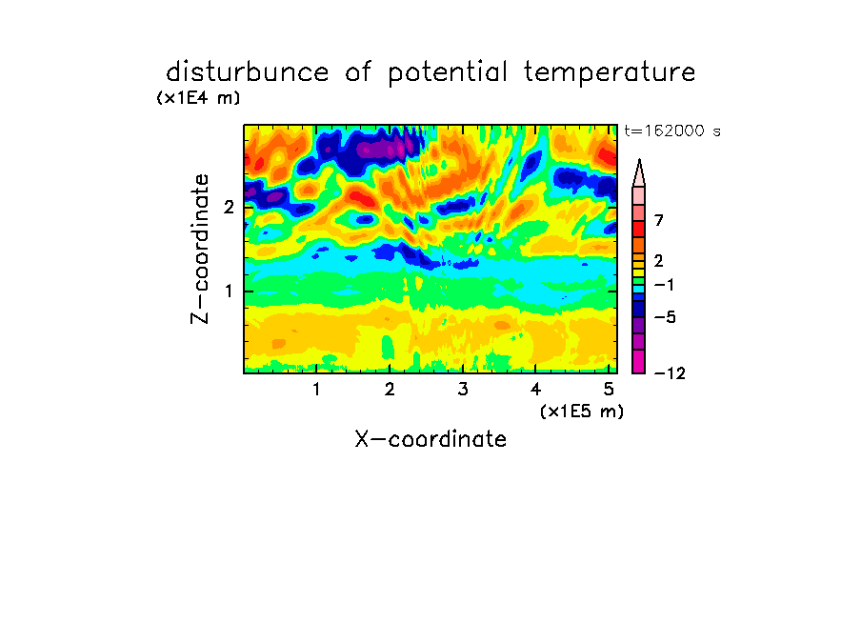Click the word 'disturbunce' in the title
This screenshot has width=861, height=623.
click(248, 72)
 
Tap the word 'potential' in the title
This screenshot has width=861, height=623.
click(448, 73)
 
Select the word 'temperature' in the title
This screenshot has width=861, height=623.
click(610, 73)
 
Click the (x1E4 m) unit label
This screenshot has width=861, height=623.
click(199, 98)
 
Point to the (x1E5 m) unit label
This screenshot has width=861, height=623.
click(582, 411)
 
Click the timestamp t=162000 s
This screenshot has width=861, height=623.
click(672, 131)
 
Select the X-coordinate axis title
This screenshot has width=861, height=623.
click(430, 439)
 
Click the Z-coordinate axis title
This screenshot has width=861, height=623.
click(200, 249)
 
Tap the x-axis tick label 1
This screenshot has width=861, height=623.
click(317, 389)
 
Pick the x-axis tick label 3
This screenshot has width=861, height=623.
click(463, 389)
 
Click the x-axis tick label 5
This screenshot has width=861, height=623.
click(609, 389)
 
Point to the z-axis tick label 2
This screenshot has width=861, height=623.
click(229, 208)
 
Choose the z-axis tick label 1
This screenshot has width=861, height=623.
click(230, 291)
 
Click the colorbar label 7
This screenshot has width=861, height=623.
click(659, 220)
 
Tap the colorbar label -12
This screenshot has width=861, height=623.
click(670, 373)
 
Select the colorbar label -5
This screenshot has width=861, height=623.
click(665, 317)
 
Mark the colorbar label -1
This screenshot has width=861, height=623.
click(664, 285)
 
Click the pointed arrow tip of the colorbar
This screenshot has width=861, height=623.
click(639, 160)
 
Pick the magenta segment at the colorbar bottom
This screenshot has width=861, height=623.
click(639, 361)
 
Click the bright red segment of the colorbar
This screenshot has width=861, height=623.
click(639, 229)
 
